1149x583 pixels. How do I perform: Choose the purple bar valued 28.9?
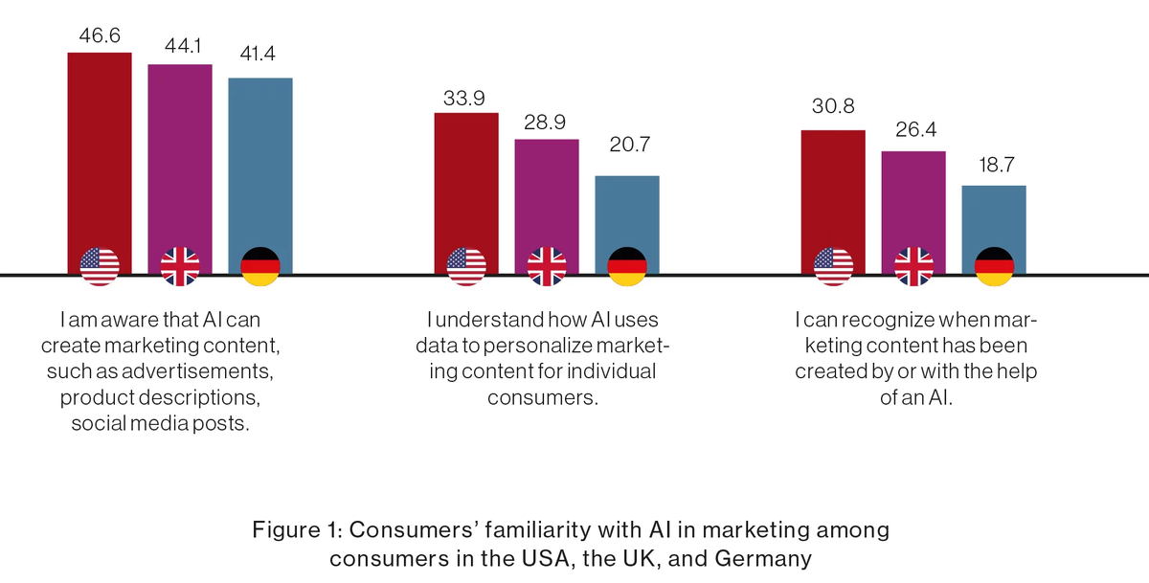click(547, 192)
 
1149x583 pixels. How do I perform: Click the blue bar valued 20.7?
click(627, 211)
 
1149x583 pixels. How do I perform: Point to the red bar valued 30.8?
click(833, 188)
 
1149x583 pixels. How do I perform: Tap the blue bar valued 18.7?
click(994, 215)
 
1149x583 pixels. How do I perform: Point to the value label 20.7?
click(627, 146)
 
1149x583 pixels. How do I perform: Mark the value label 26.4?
click(913, 129)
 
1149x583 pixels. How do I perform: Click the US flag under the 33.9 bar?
click(466, 266)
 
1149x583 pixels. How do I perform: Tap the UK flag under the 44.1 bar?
click(180, 266)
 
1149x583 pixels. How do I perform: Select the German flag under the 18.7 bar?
click(994, 266)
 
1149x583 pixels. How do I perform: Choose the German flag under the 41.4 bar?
click(260, 266)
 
